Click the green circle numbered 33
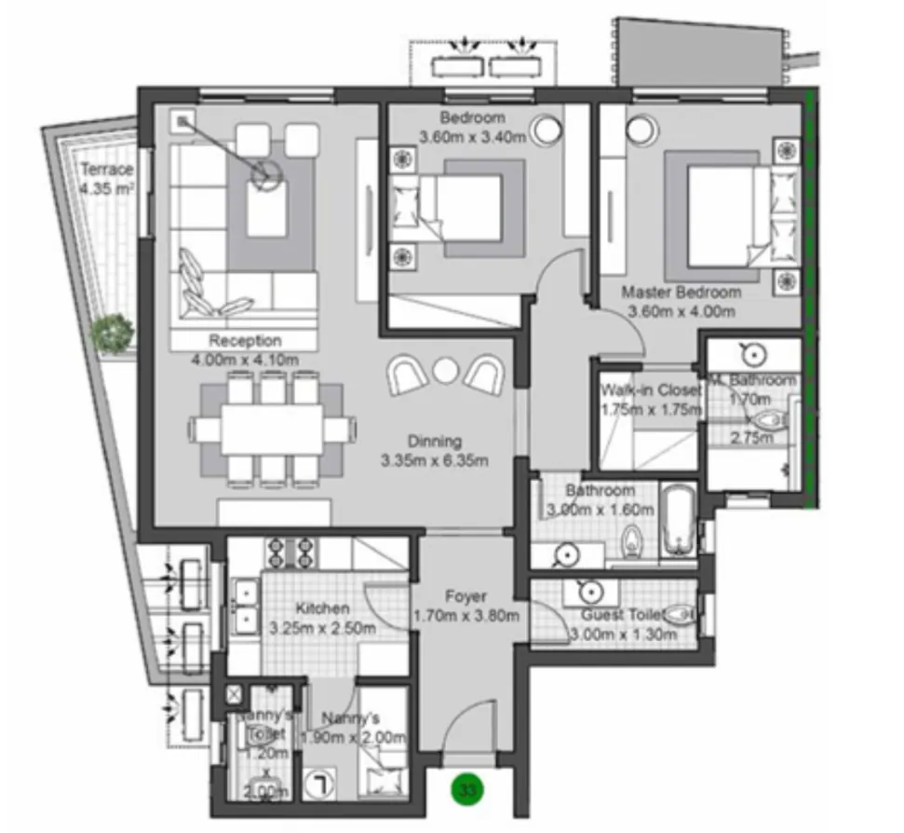click(468, 790)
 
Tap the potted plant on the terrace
click(114, 332)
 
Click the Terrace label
click(106, 170)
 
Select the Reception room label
click(244, 340)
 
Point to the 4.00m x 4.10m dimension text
click(244, 359)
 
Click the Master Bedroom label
click(681, 292)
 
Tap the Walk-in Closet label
click(651, 390)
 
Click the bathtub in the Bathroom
click(678, 526)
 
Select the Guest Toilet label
click(621, 615)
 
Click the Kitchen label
click(323, 608)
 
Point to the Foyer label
click(465, 596)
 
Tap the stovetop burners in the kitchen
click(291, 553)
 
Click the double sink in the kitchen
click(246, 604)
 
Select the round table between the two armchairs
click(447, 372)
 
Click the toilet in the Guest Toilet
click(681, 614)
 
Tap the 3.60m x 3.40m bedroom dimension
click(472, 136)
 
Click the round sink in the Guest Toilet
click(587, 593)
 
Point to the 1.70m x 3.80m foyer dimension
click(465, 615)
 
